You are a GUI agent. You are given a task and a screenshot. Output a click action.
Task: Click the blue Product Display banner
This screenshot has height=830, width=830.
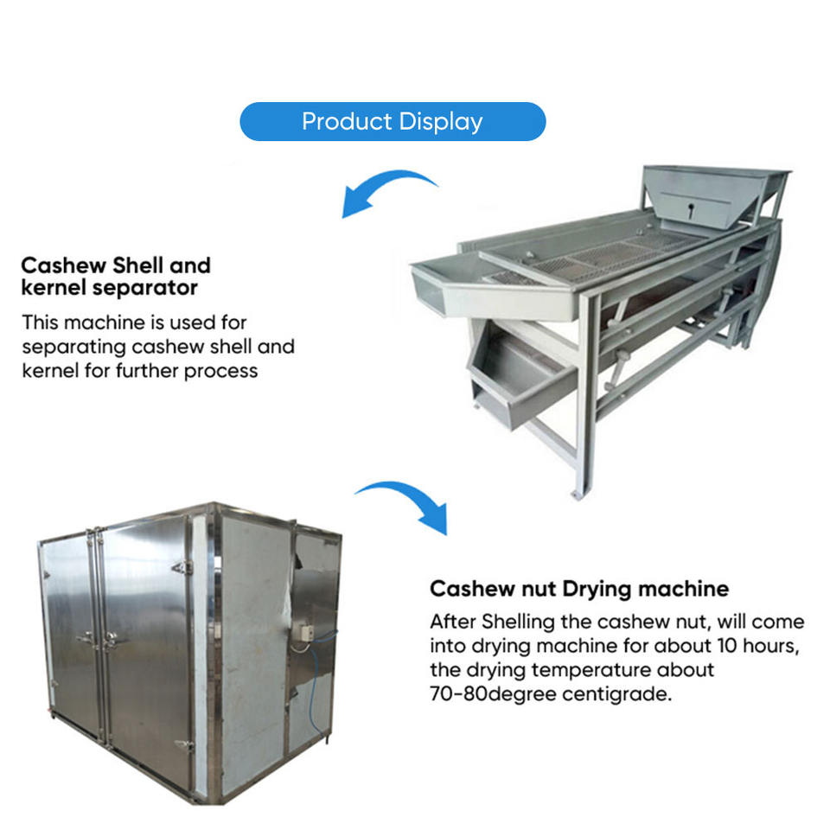pyautogui.click(x=393, y=121)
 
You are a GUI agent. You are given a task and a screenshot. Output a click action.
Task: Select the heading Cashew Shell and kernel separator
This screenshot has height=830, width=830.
pyautogui.click(x=116, y=275)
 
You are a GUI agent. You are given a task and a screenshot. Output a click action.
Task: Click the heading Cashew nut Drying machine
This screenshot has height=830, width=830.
pyautogui.click(x=579, y=590)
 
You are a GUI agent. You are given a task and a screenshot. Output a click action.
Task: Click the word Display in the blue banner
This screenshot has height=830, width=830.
pyautogui.click(x=440, y=121)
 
